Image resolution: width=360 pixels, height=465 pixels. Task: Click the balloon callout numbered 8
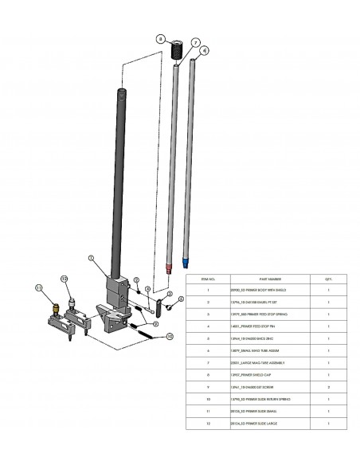(x=159, y=37)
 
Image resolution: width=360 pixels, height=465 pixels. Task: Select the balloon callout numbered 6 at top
(x=205, y=50)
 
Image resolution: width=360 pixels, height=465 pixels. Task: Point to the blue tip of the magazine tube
(x=186, y=261)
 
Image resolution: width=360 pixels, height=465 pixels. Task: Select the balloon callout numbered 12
(x=65, y=279)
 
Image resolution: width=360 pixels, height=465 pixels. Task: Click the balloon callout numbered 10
(x=169, y=338)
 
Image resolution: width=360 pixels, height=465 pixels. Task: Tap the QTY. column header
(x=329, y=279)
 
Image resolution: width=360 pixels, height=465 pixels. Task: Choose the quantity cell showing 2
(x=329, y=388)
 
